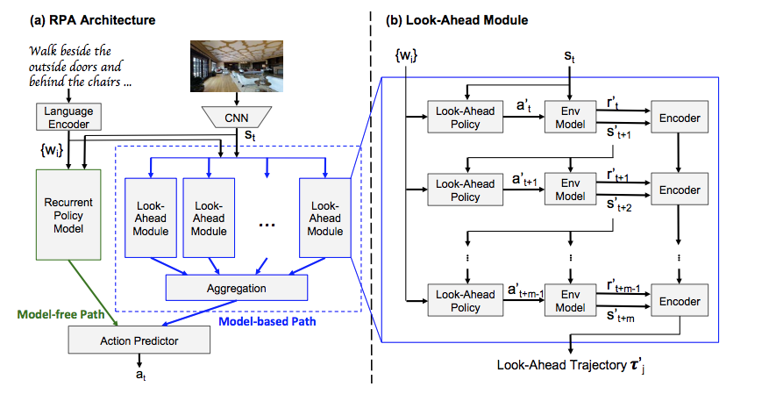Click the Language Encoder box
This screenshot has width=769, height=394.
tap(68, 117)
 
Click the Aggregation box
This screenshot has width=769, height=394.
tap(237, 287)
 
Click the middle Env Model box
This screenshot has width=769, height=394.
tap(570, 190)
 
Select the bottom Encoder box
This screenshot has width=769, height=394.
tap(680, 301)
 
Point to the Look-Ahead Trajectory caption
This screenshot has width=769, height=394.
tap(569, 365)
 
